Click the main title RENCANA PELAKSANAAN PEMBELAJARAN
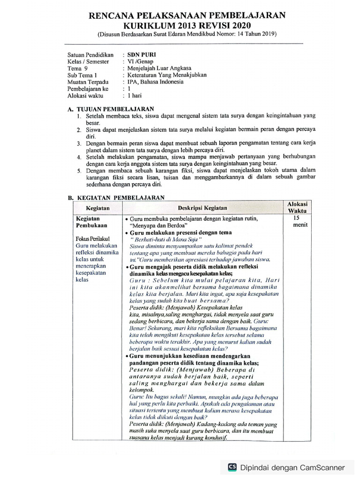(x=187, y=15)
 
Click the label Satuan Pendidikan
(x=90, y=55)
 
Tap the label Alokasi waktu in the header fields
(x=85, y=95)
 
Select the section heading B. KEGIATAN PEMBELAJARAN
(x=116, y=198)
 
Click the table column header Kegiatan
(x=97, y=208)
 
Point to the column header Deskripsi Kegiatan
(x=202, y=208)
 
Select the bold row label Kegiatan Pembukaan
(x=89, y=222)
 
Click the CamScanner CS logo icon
(x=232, y=467)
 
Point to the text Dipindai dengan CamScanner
(x=292, y=467)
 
